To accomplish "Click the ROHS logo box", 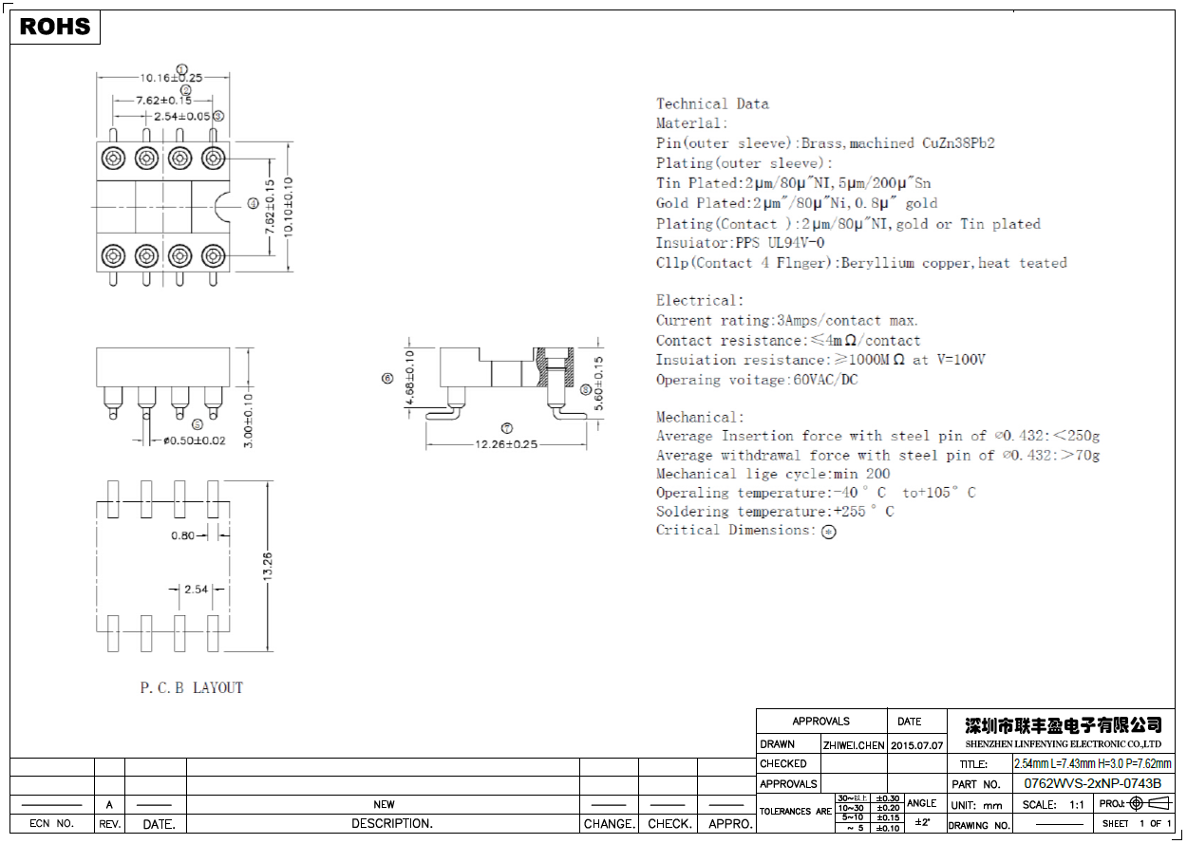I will coord(55,27).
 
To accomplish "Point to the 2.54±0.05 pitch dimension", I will coord(182,116).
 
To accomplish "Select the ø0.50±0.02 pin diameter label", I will coord(194,441).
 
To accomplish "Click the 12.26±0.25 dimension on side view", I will coord(506,444).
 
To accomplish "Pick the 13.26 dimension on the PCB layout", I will coord(269,567).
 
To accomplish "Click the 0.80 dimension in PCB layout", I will coord(183,535).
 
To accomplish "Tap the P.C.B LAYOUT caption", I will coord(192,687).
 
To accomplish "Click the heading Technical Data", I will coord(712,103).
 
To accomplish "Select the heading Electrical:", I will coord(700,301).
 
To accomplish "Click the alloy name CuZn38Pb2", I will coord(958,143).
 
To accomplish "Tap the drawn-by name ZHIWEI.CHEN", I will coord(853,745).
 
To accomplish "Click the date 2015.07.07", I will coord(916,745).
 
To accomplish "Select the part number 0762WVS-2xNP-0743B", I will coord(1092,784).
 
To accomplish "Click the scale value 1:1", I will coord(1077,804).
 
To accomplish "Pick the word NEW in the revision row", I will coord(384,804).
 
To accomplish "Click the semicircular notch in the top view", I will coord(223,204).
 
